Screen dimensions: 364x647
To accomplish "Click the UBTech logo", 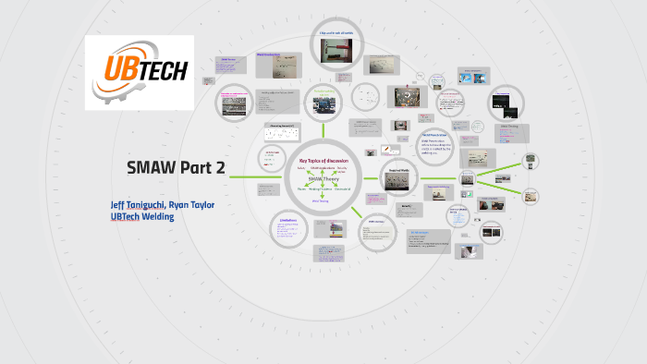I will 140,72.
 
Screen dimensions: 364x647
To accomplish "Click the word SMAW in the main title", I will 152,168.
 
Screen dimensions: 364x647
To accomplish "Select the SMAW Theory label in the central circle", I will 323,178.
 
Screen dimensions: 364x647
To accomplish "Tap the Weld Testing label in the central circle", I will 321,200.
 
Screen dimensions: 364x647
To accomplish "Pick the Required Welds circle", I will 397,176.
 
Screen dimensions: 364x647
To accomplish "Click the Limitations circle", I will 290,226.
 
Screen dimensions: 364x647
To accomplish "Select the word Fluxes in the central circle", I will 302,188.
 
